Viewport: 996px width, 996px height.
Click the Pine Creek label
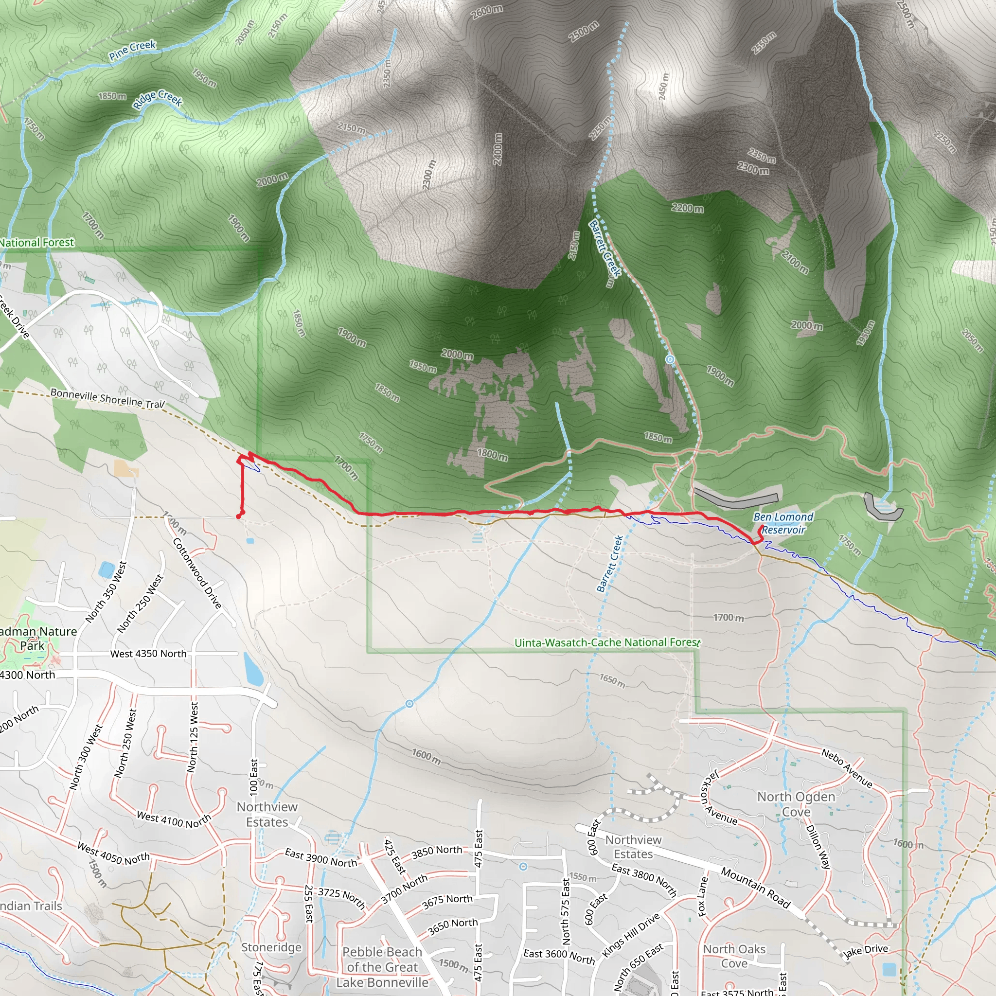[x=132, y=50]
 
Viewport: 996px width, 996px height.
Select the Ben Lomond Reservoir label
[x=783, y=523]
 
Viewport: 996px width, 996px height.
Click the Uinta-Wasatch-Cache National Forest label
[x=607, y=642]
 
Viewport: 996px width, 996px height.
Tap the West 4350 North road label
[x=148, y=654]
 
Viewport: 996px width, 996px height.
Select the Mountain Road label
[x=756, y=887]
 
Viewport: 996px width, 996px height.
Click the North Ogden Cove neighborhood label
[x=796, y=804]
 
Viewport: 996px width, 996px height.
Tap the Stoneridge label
[x=271, y=947]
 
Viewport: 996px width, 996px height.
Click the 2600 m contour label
[x=486, y=12]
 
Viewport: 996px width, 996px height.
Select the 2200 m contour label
[x=687, y=208]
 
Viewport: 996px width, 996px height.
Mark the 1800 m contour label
[x=492, y=454]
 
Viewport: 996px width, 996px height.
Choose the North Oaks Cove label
[x=734, y=956]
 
